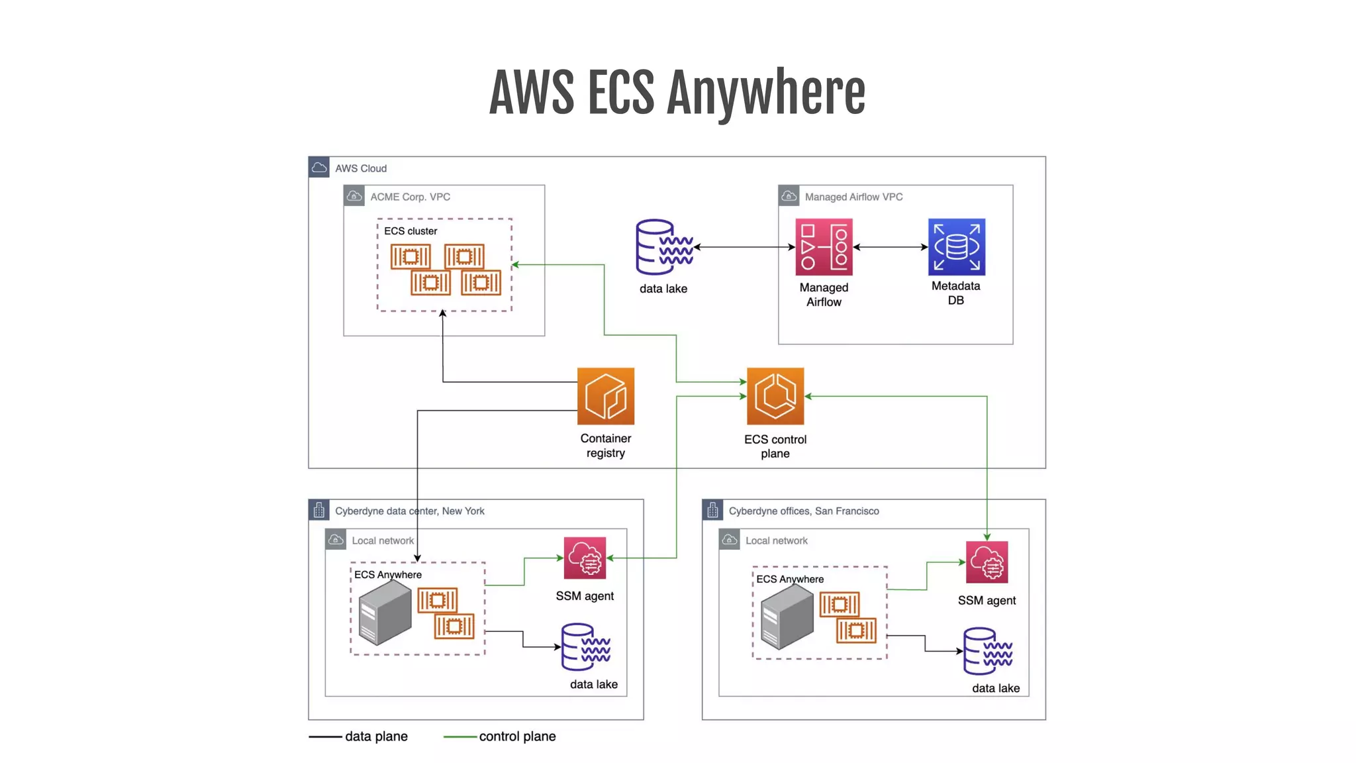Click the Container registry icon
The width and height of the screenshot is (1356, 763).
click(x=605, y=396)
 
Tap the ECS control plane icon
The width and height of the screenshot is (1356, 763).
click(x=775, y=396)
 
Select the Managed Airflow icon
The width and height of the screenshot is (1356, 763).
click(x=824, y=247)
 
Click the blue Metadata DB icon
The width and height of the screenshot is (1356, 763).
click(x=956, y=247)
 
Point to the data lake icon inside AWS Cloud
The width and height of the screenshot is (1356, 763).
click(x=663, y=247)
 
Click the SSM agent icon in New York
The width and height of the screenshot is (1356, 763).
click(x=585, y=558)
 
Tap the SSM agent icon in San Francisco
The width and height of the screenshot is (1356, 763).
click(x=987, y=562)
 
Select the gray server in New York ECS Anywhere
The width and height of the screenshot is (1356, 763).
click(x=384, y=613)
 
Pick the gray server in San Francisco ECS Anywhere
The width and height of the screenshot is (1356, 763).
click(x=787, y=617)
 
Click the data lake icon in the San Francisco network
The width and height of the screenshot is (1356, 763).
click(x=987, y=651)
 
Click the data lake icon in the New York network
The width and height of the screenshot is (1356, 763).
click(x=585, y=647)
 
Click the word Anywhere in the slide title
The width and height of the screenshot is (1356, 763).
click(x=765, y=93)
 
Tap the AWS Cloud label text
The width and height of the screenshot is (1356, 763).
click(x=360, y=168)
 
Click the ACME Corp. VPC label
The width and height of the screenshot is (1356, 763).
click(x=410, y=197)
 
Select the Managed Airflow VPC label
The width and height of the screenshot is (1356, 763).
click(x=853, y=197)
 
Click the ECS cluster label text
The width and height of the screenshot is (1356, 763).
click(x=411, y=231)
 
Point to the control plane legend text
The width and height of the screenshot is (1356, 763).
click(x=517, y=737)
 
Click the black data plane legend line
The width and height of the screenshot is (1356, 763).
click(x=325, y=737)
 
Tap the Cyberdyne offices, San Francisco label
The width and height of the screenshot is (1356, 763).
click(x=804, y=511)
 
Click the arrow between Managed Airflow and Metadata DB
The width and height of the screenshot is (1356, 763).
click(x=890, y=247)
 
